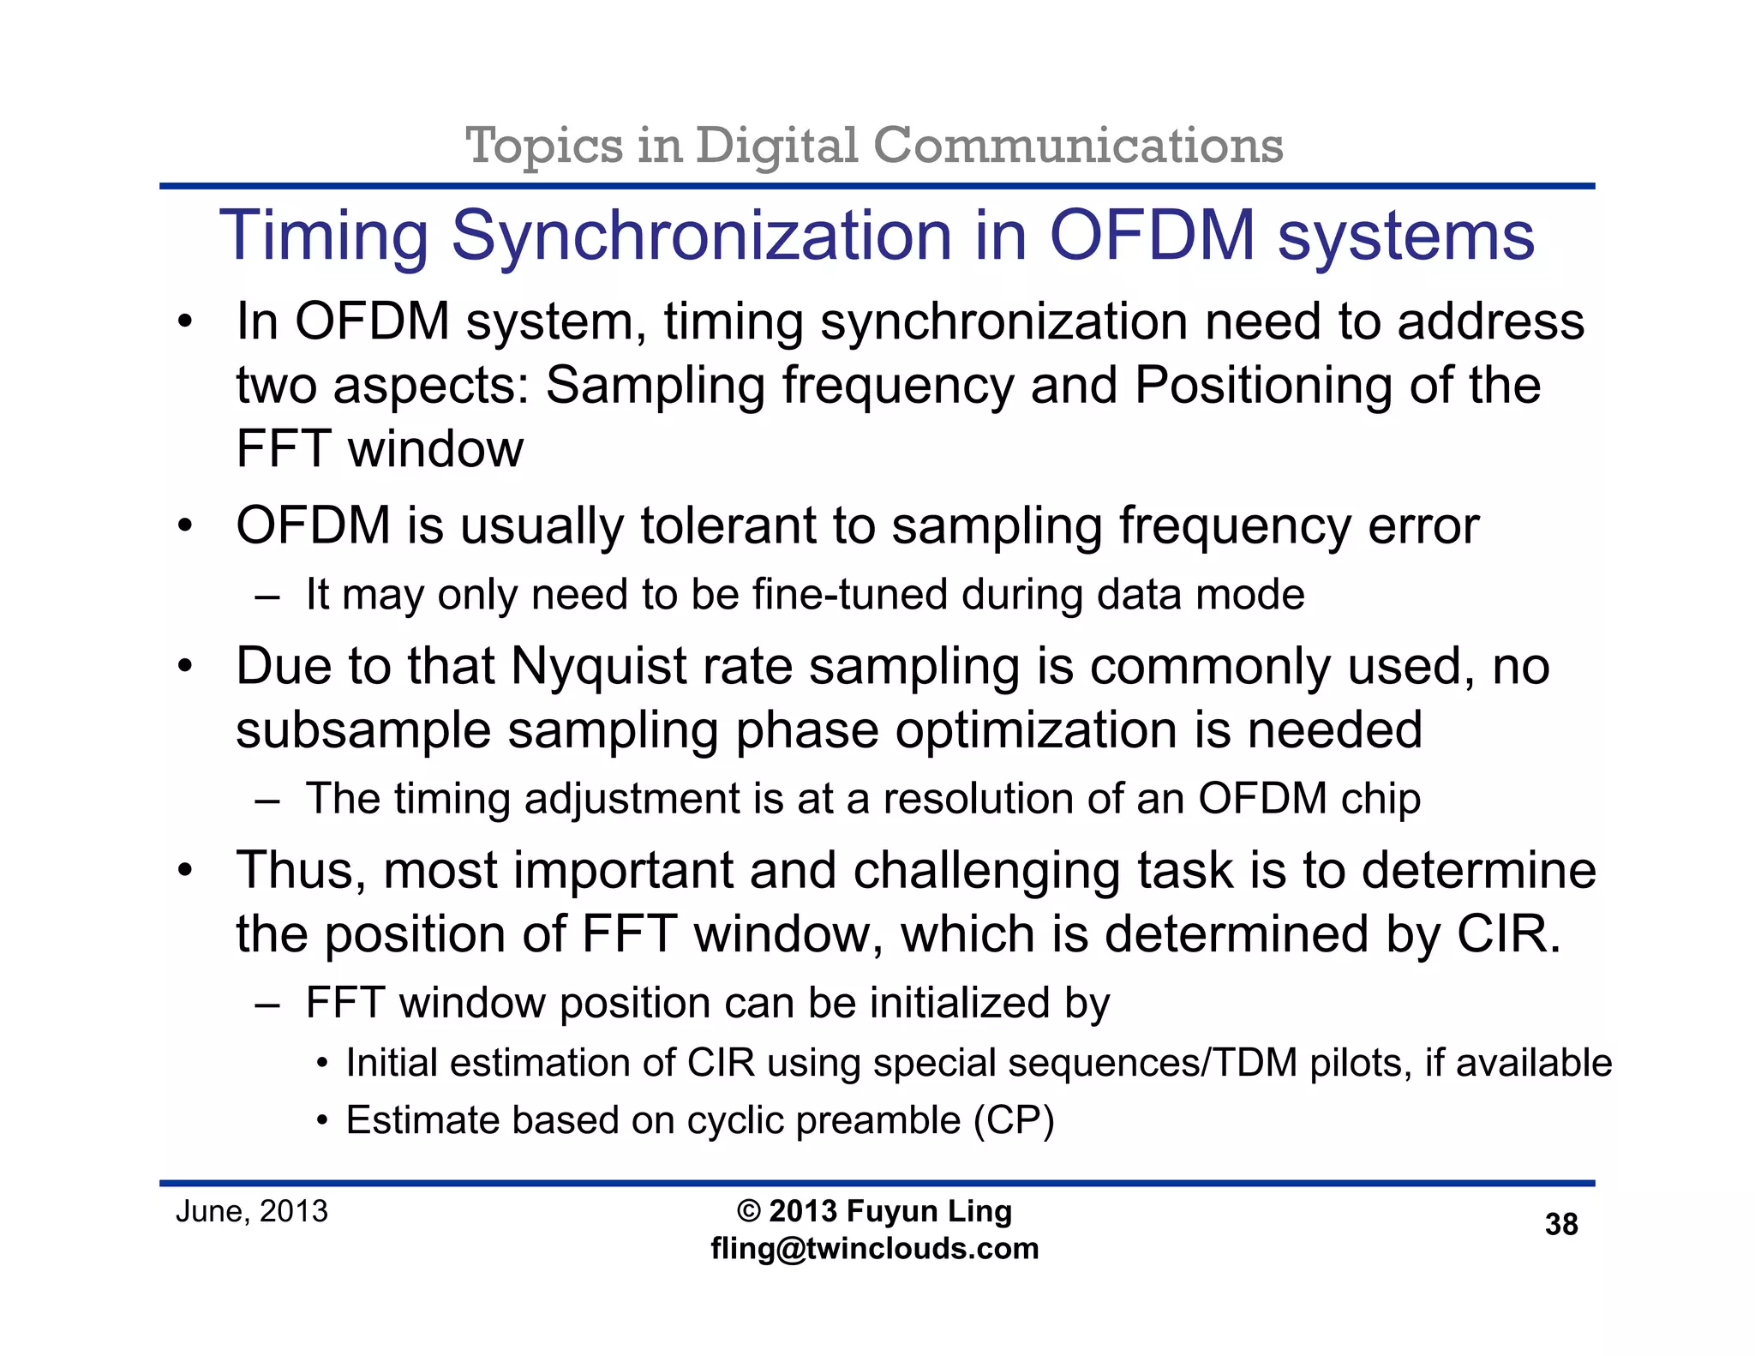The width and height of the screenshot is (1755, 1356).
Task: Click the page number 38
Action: coord(1560,1224)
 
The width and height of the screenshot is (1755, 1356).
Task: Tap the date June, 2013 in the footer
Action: coord(252,1211)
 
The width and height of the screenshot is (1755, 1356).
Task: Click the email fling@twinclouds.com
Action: coord(875,1249)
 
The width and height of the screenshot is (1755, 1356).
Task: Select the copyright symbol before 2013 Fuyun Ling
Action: coord(748,1211)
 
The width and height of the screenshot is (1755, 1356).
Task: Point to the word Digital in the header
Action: coord(776,146)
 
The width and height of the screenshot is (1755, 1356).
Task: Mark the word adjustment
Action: coord(632,800)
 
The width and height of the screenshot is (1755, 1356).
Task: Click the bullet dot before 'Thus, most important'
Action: coord(185,871)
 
